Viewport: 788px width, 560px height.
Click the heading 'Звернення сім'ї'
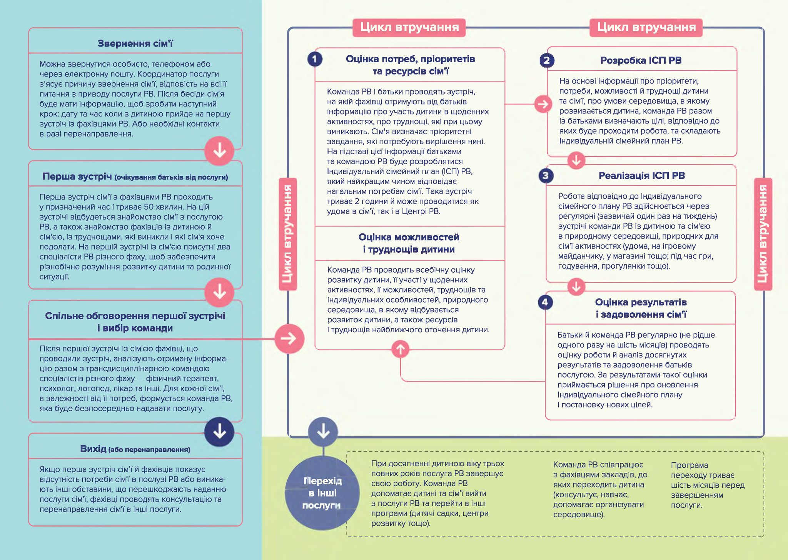pyautogui.click(x=135, y=43)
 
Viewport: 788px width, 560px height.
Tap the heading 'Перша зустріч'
pyautogui.click(x=77, y=177)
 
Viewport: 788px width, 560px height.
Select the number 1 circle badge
pyautogui.click(x=315, y=59)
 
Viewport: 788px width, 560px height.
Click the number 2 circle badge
pyautogui.click(x=547, y=60)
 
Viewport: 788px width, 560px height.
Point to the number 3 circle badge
pyautogui.click(x=546, y=176)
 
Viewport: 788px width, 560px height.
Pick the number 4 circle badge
pyautogui.click(x=545, y=302)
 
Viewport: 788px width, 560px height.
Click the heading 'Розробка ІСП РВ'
pyautogui.click(x=641, y=60)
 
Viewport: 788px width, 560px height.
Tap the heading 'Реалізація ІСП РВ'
pyautogui.click(x=641, y=176)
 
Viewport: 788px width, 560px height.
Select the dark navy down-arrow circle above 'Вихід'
pyautogui.click(x=219, y=432)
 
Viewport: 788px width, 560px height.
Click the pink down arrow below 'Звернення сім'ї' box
pyautogui.click(x=219, y=151)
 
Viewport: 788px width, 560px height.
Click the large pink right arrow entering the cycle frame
pyautogui.click(x=289, y=338)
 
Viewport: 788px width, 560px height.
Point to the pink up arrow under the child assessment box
pyautogui.click(x=401, y=349)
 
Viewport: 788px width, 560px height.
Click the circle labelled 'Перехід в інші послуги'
pyautogui.click(x=322, y=493)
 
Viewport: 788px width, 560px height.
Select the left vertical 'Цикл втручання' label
pyautogui.click(x=288, y=234)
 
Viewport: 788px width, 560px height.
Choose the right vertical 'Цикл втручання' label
pyautogui.click(x=763, y=234)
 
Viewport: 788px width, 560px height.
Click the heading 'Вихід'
pyautogui.click(x=93, y=449)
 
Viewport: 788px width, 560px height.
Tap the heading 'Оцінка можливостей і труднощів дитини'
pyautogui.click(x=409, y=243)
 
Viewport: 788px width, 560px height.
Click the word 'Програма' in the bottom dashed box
pyautogui.click(x=689, y=465)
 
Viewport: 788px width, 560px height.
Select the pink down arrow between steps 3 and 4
pyautogui.click(x=576, y=287)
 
